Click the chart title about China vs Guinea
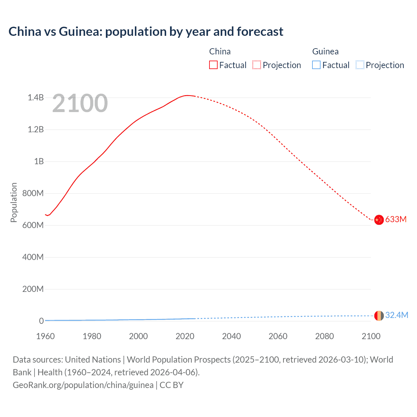pyautogui.click(x=146, y=32)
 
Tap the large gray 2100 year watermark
pyautogui.click(x=80, y=103)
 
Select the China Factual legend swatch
pyautogui.click(x=213, y=65)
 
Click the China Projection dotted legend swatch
pyautogui.click(x=257, y=65)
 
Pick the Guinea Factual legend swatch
pyautogui.click(x=316, y=65)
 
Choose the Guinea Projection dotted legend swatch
pyautogui.click(x=360, y=65)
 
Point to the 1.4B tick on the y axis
pyautogui.click(x=36, y=97)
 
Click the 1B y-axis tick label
pyautogui.click(x=39, y=161)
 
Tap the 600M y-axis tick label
pyautogui.click(x=33, y=225)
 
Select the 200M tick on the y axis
pyautogui.click(x=33, y=289)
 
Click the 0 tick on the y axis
pyautogui.click(x=41, y=321)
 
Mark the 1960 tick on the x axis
pyautogui.click(x=45, y=336)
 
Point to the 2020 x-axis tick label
pyautogui.click(x=185, y=336)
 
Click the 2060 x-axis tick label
pyautogui.click(x=278, y=336)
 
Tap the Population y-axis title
pyautogui.click(x=14, y=202)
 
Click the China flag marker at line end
pyautogui.click(x=379, y=220)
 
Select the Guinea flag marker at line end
pyautogui.click(x=379, y=316)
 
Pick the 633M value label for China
pyautogui.click(x=396, y=219)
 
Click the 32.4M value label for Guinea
pyautogui.click(x=396, y=315)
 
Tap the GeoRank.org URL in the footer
pyautogui.click(x=83, y=385)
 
